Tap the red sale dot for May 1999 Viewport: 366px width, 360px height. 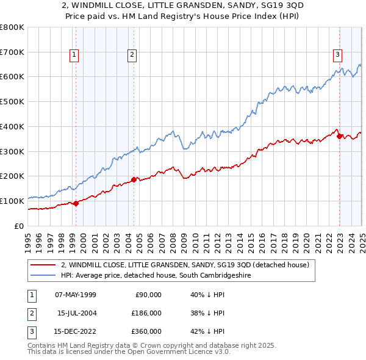76,203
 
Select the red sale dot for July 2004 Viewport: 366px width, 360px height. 134,179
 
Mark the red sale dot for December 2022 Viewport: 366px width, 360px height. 339,136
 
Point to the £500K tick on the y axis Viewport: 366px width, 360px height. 13,102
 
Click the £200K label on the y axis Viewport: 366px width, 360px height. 13,176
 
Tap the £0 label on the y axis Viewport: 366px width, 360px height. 19,226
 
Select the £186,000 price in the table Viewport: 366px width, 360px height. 146,313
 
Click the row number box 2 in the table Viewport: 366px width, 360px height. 30,313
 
